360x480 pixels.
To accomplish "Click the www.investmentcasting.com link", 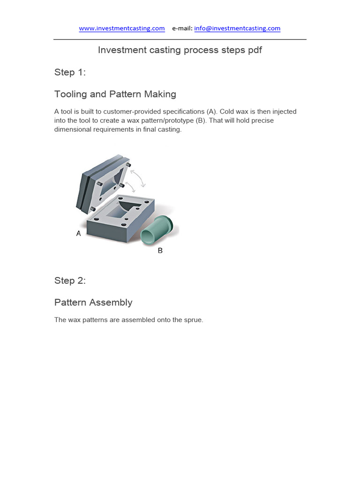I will (122, 28).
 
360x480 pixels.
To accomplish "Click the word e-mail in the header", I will (182, 28).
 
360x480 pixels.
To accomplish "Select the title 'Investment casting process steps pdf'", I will (180, 50).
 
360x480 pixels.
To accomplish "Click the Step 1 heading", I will (70, 72).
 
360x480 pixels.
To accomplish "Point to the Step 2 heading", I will (70, 281).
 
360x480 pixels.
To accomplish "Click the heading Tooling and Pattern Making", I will (115, 94).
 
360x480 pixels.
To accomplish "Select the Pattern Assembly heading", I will (93, 303).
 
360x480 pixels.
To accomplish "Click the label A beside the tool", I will (79, 233).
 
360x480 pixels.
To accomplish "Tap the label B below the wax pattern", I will (160, 251).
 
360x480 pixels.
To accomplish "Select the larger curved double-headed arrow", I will (138, 178).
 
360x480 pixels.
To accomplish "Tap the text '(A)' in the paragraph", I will (212, 112).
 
